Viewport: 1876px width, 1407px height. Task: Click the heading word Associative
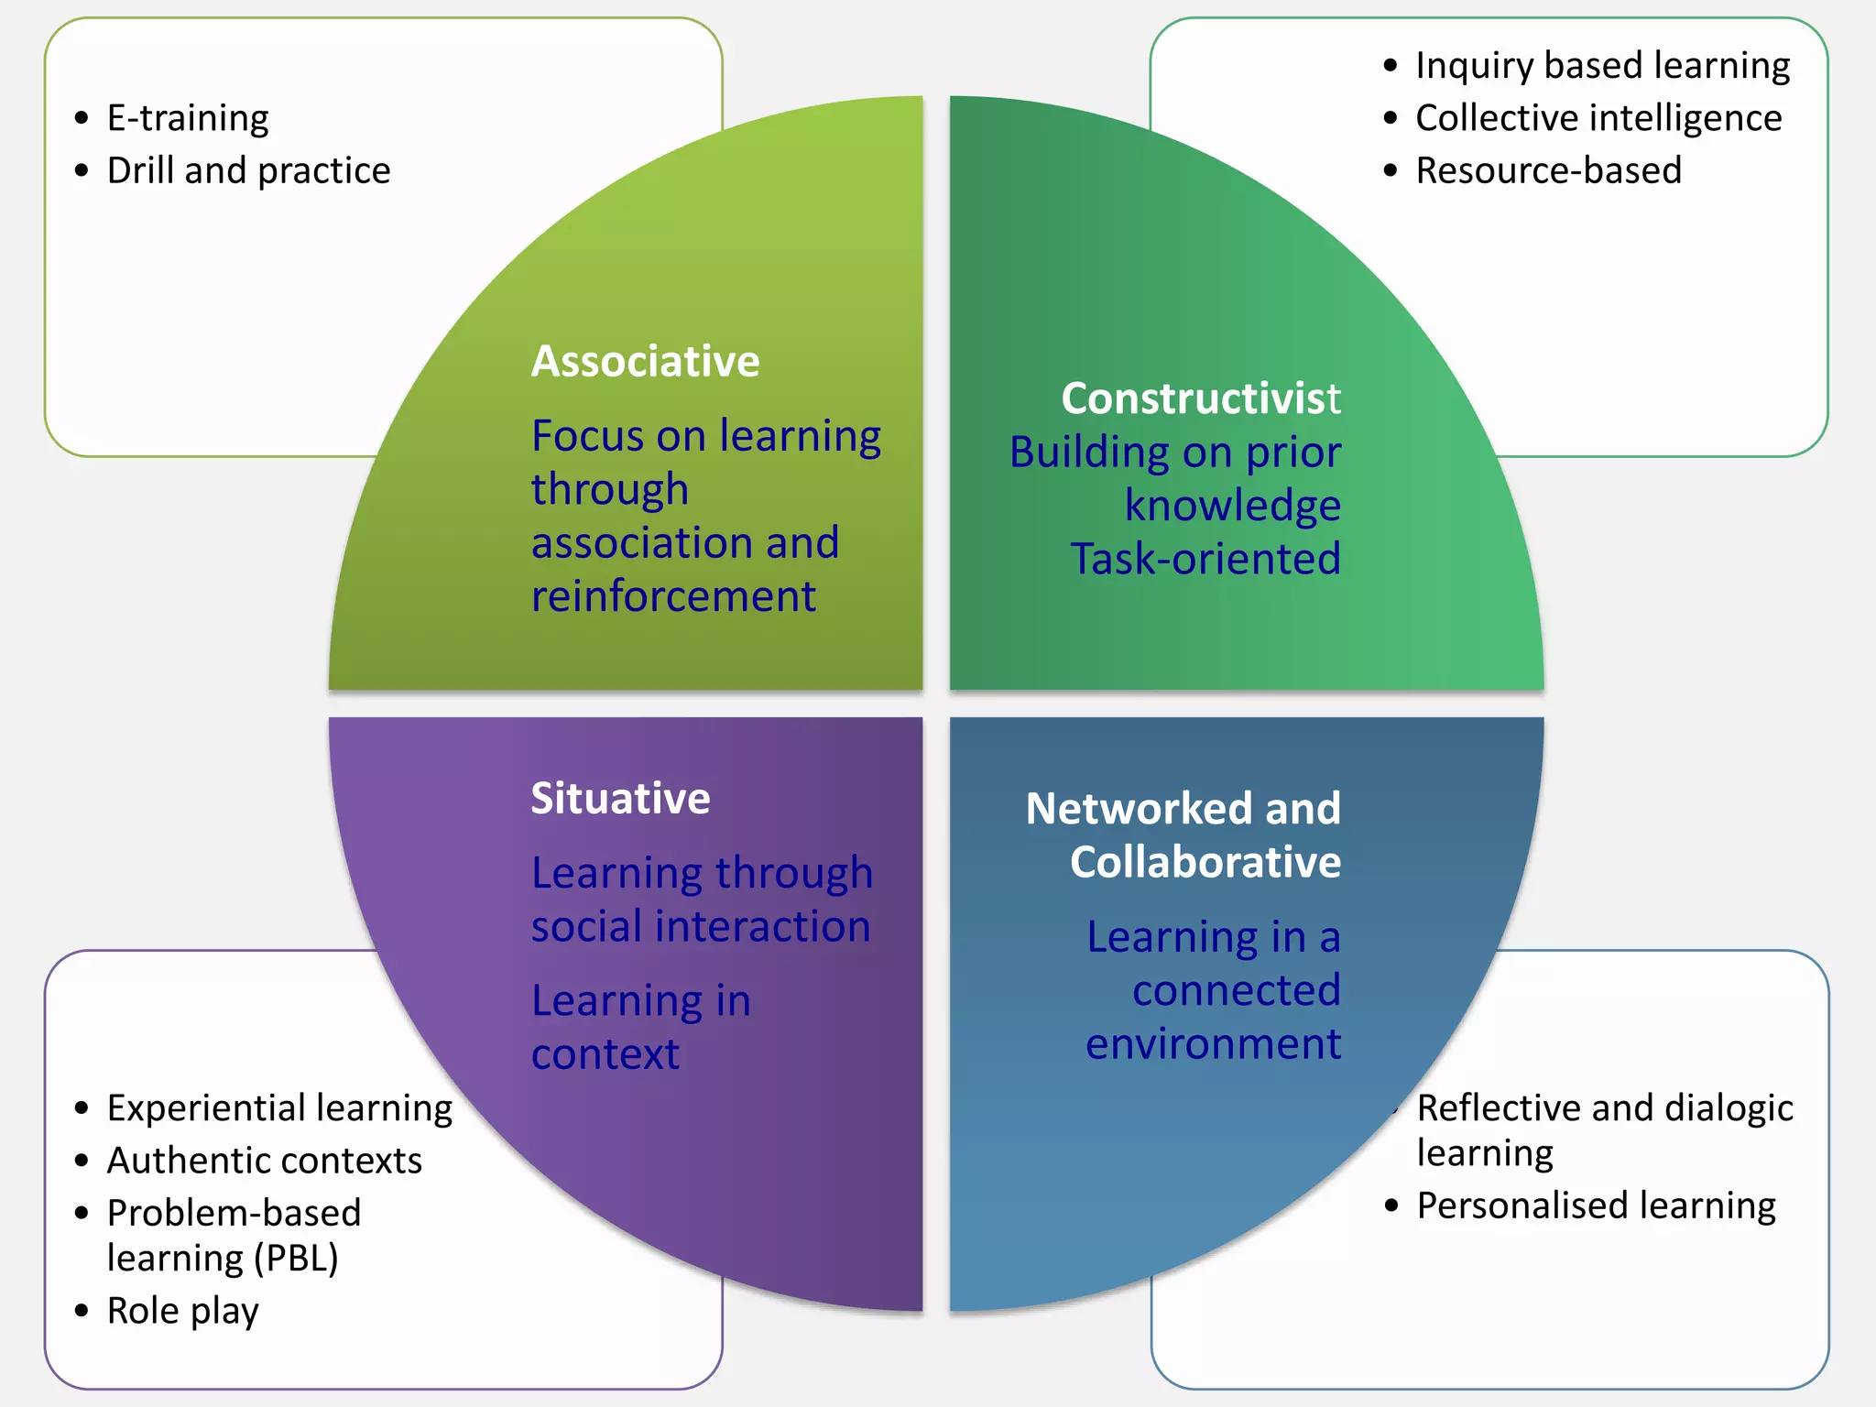(645, 361)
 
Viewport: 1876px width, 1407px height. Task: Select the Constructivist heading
(1200, 398)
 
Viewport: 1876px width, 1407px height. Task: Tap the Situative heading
(620, 798)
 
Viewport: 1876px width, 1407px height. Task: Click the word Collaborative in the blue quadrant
(1205, 862)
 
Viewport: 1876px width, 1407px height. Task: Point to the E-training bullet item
(188, 118)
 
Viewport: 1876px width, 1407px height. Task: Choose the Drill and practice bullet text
(248, 170)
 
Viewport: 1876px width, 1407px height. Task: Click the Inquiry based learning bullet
(1602, 66)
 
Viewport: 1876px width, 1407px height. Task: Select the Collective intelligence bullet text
(1598, 118)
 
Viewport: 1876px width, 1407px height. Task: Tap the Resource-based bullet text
(1548, 170)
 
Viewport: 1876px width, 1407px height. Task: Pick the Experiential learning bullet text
(279, 1108)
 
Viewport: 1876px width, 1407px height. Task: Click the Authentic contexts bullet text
(264, 1161)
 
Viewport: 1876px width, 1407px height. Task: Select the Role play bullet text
(182, 1311)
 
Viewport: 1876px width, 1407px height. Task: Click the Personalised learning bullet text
(1596, 1205)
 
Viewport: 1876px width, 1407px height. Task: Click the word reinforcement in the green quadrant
(673, 596)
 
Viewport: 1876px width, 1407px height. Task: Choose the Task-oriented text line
(1205, 559)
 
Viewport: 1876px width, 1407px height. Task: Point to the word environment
(1213, 1043)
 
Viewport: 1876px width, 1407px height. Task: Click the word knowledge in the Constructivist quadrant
(1232, 506)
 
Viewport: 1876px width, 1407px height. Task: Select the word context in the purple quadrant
(605, 1054)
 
